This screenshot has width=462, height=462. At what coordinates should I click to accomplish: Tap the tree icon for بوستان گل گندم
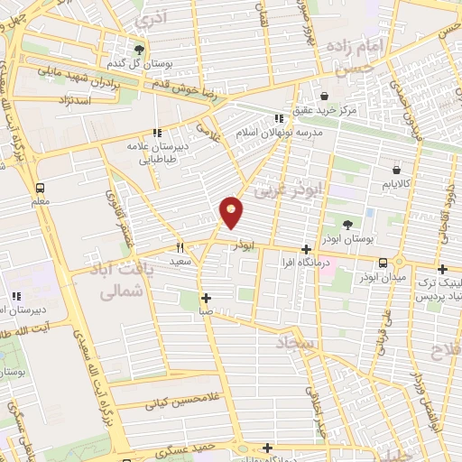pos(138,50)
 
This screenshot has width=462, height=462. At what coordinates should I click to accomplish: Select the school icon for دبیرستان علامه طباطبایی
pos(157,132)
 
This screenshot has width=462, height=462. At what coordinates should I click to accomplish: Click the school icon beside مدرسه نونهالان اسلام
pos(280,117)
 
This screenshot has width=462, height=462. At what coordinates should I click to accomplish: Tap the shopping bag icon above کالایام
pos(396,169)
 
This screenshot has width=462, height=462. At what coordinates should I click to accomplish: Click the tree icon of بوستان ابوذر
pos(349,225)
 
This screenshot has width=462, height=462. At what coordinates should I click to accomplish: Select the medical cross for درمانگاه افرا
pos(306,248)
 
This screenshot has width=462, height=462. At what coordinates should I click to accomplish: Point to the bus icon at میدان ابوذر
pos(384,263)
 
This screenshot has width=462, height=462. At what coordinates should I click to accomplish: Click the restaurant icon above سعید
pos(180,246)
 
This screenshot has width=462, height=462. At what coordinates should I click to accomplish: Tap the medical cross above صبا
pos(207,297)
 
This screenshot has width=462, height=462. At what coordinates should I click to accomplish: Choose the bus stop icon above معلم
pos(40,188)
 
